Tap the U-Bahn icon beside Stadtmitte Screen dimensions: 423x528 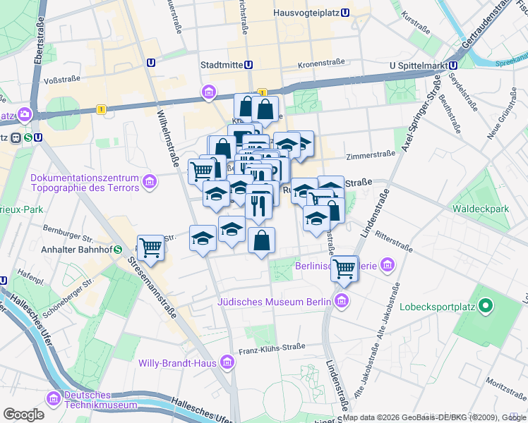[248, 65]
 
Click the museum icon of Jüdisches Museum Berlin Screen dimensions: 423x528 [342, 302]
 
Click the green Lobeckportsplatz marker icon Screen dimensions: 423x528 [484, 306]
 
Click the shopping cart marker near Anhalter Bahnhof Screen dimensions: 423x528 [150, 247]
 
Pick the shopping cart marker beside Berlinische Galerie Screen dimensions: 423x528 [344, 268]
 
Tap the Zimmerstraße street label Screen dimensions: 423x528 [368, 157]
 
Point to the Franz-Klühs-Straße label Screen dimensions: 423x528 [272, 346]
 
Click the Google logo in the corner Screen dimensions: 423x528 [23, 415]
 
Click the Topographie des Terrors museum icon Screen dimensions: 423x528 [149, 183]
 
